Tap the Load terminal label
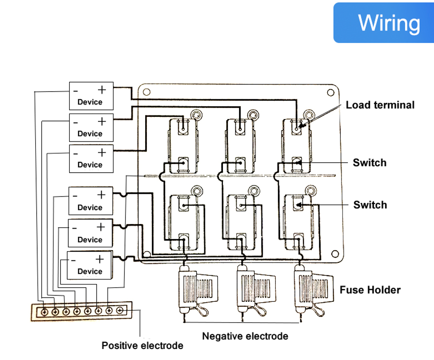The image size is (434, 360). click(x=380, y=105)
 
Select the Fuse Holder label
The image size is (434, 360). click(x=370, y=290)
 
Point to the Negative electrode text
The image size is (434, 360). click(x=245, y=336)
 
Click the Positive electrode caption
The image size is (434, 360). click(x=142, y=345)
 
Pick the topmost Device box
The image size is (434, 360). click(x=91, y=96)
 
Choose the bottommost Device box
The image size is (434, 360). click(x=89, y=265)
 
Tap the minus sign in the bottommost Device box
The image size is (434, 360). click(x=73, y=260)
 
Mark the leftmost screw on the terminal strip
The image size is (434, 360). click(x=44, y=311)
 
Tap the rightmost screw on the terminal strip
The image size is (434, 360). click(x=120, y=311)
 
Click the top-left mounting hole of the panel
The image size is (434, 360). click(x=146, y=91)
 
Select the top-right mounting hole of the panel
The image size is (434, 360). click(x=331, y=92)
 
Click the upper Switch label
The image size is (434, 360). click(x=369, y=163)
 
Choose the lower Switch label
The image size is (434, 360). click(x=369, y=205)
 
